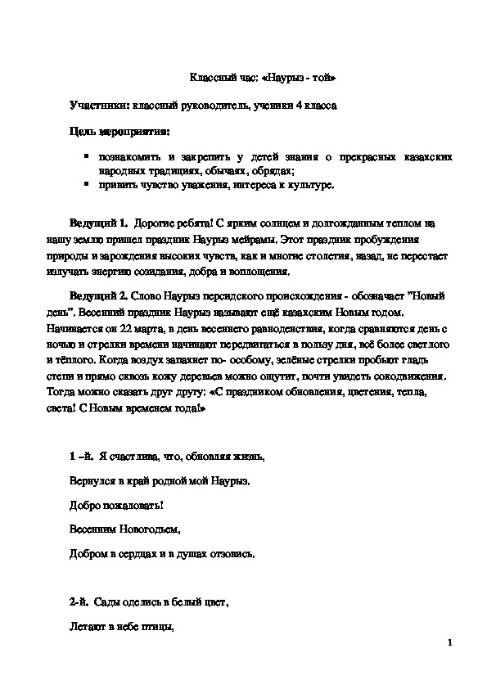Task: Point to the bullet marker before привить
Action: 86,185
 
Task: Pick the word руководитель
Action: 210,106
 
